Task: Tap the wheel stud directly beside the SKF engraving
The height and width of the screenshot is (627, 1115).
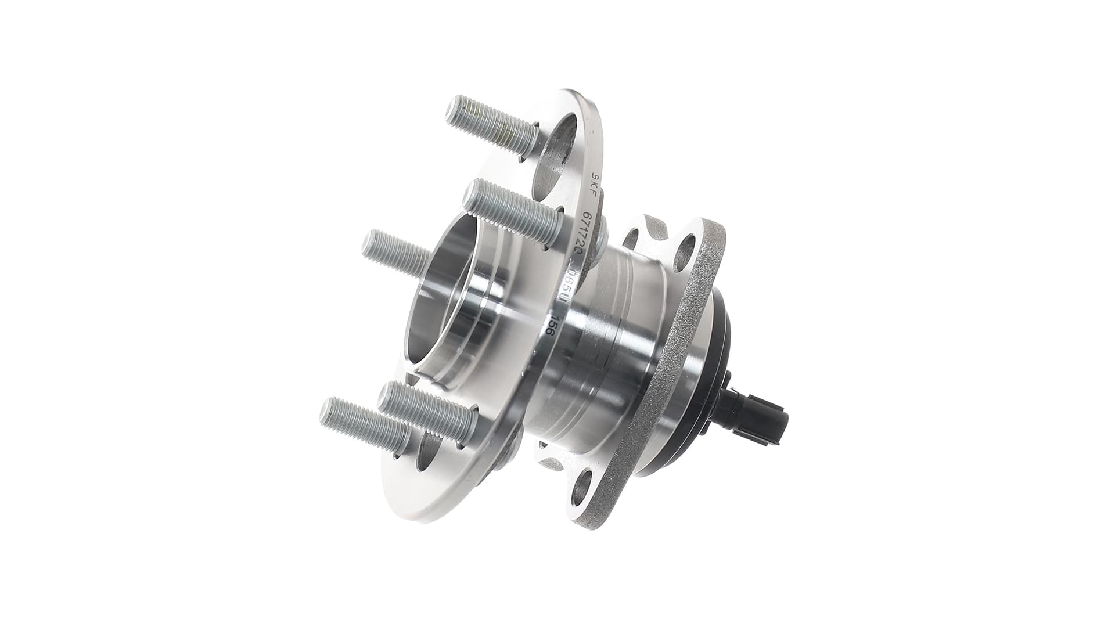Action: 513,212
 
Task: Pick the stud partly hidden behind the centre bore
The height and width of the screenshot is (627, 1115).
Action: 395,253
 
